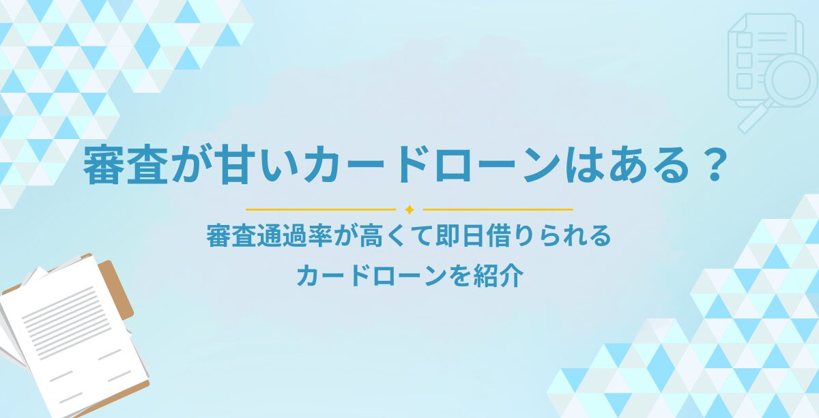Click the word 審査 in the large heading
click(126, 166)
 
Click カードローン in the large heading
click(433, 166)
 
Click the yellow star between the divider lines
click(409, 210)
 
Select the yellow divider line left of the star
click(321, 210)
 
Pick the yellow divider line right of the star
click(498, 210)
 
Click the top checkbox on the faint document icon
click(744, 40)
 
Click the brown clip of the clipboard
click(116, 288)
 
